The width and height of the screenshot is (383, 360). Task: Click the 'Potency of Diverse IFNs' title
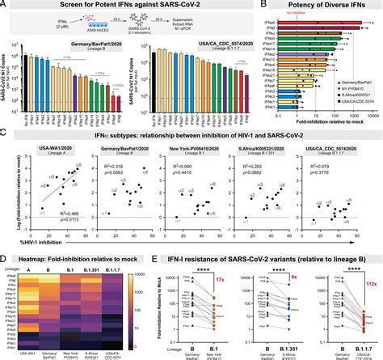328,6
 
